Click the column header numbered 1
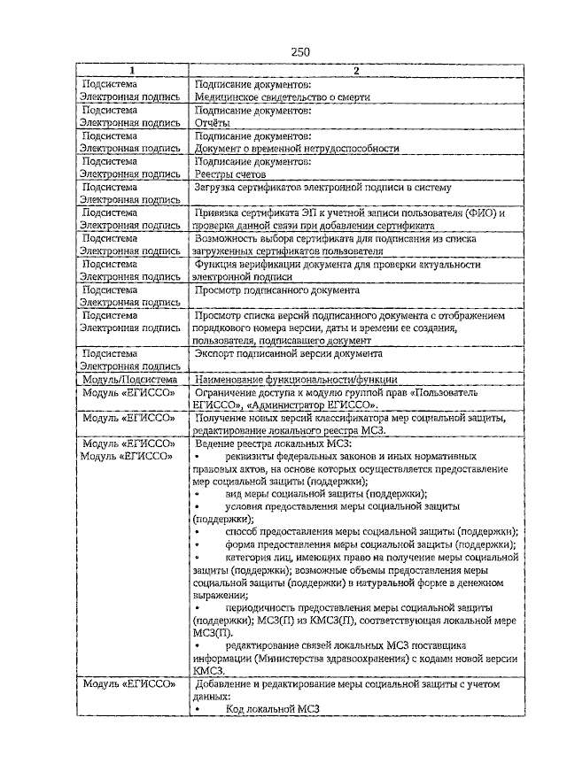[132, 71]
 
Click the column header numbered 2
[354, 71]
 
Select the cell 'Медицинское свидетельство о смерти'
[282, 97]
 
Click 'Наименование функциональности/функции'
[296, 379]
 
